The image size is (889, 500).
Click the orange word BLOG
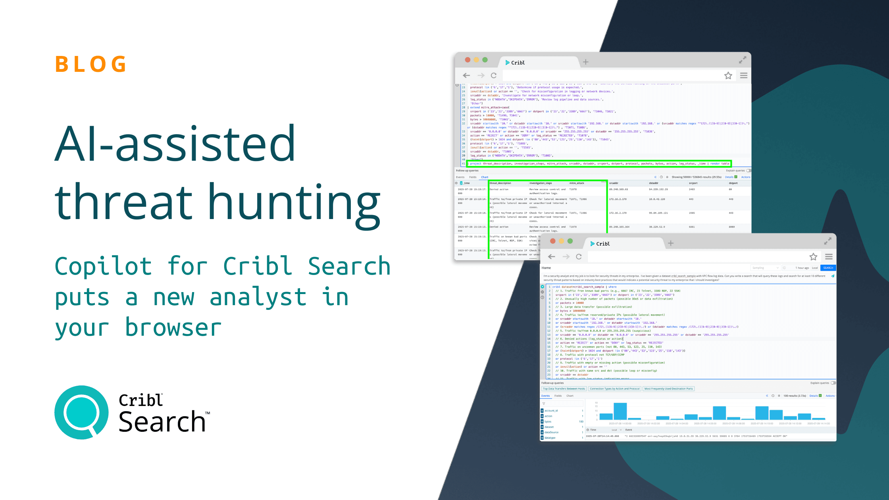point(91,64)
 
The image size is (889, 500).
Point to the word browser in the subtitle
point(173,328)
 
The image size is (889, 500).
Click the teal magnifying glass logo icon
point(81,412)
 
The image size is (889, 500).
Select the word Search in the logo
point(162,422)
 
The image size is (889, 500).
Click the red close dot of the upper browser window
point(468,60)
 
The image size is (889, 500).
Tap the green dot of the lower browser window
point(570,241)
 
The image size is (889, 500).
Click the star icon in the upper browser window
point(728,75)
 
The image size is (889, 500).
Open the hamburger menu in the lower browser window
point(829,257)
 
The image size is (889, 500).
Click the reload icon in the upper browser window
point(494,75)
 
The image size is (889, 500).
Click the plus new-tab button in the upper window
point(586,62)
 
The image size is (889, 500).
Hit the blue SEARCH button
point(828,268)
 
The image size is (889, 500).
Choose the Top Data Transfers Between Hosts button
point(564,389)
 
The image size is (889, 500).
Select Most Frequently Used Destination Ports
point(668,389)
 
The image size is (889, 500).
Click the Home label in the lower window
point(546,268)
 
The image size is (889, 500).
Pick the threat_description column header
point(500,183)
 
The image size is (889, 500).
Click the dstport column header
point(733,183)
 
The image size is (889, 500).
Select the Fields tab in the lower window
point(558,396)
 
